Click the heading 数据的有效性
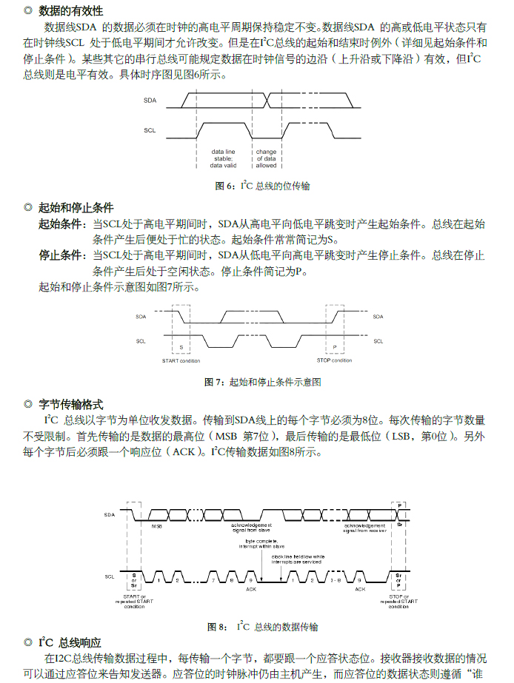tap(70, 11)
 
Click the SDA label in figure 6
tap(150, 98)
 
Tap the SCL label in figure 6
tap(150, 130)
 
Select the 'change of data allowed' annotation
tap(266, 158)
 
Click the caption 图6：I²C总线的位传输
tap(262, 186)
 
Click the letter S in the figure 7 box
tap(181, 346)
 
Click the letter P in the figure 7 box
tap(335, 346)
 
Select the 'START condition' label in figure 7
tap(181, 360)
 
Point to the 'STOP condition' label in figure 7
tap(334, 360)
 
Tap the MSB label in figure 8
tap(157, 526)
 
